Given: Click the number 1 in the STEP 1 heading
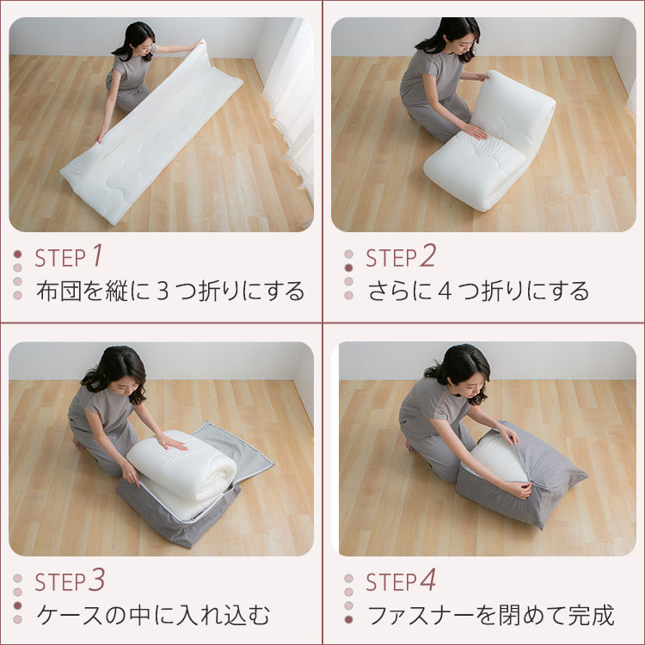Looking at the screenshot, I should click(x=97, y=255).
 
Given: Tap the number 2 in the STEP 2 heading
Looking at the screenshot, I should click(x=427, y=255).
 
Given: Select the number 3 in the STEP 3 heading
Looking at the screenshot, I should click(x=96, y=580).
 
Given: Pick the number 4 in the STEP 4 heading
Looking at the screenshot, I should click(x=427, y=580).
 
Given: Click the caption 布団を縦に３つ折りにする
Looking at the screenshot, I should click(x=170, y=291).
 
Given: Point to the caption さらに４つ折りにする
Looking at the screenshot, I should click(x=478, y=291).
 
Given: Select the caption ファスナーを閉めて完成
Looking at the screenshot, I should click(x=490, y=616).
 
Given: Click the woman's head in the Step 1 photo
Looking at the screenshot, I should click(x=137, y=39).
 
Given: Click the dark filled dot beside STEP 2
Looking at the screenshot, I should click(x=348, y=268).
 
